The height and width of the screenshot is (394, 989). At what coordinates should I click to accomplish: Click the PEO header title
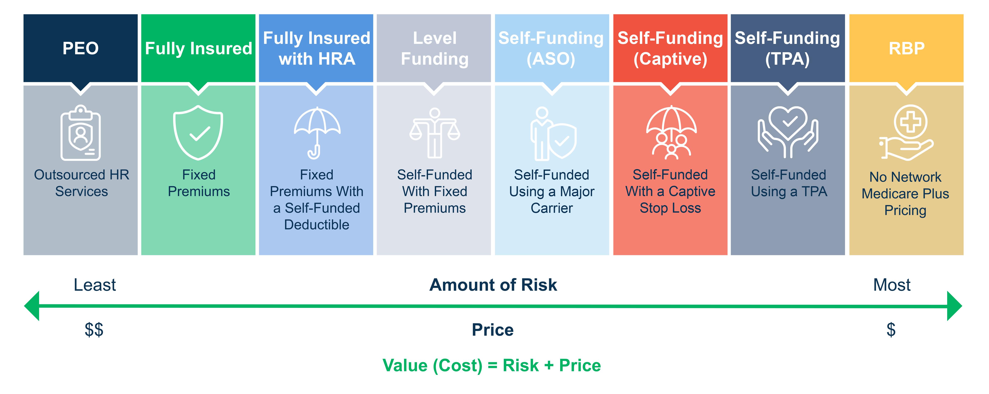pos(81,48)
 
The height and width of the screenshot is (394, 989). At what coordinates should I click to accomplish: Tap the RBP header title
pos(906,48)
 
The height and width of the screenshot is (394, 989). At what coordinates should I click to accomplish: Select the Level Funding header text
pos(435,48)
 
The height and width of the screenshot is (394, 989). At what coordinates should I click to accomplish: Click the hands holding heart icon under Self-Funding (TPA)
pos(788,132)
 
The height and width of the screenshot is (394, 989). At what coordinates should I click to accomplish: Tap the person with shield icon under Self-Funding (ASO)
pos(553,134)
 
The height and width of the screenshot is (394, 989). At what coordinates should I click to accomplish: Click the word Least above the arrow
pos(94,285)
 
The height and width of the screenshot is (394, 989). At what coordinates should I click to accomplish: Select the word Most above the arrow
pos(891,285)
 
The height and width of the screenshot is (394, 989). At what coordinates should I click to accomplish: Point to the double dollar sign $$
pos(94,330)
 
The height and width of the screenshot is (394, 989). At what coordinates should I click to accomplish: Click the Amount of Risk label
pos(493,285)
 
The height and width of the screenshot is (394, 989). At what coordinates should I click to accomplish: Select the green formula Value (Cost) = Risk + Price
pos(492,366)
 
